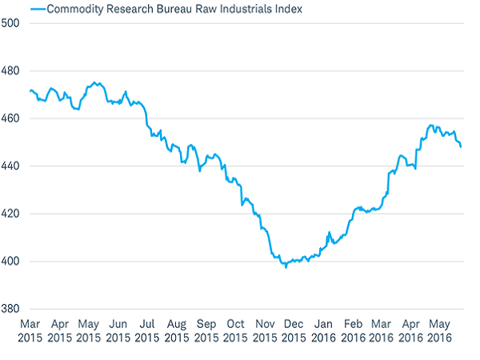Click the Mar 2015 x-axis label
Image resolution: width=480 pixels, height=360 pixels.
click(x=30, y=330)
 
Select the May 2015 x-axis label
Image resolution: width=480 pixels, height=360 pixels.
click(x=89, y=330)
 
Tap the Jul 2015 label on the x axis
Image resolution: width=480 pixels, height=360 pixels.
click(x=147, y=330)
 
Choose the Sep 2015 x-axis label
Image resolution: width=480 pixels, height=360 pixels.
click(x=206, y=330)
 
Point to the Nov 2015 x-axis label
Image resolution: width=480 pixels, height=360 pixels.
click(x=265, y=330)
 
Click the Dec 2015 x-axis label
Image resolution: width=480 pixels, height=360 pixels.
click(x=294, y=330)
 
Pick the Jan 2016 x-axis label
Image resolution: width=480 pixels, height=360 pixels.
click(x=323, y=330)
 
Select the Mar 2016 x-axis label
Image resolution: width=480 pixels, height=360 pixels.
click(x=382, y=330)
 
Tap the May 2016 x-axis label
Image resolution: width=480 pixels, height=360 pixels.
click(x=439, y=330)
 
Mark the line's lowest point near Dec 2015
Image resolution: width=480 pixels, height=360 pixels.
click(x=286, y=266)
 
